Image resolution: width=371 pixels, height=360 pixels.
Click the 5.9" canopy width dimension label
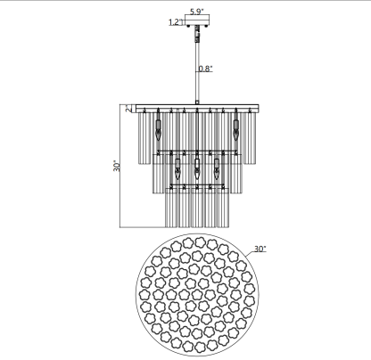197,12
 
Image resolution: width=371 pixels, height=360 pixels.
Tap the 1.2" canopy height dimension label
176,22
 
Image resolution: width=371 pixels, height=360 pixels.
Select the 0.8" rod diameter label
206,69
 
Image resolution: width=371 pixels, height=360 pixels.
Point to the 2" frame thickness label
128,108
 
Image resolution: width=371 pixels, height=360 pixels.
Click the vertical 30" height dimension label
117,166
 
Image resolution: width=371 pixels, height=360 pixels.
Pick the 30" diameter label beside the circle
260,249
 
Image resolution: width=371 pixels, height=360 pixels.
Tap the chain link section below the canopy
197,34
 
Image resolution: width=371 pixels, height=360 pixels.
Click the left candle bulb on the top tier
158,130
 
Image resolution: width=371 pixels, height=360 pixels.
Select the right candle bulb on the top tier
236,130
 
